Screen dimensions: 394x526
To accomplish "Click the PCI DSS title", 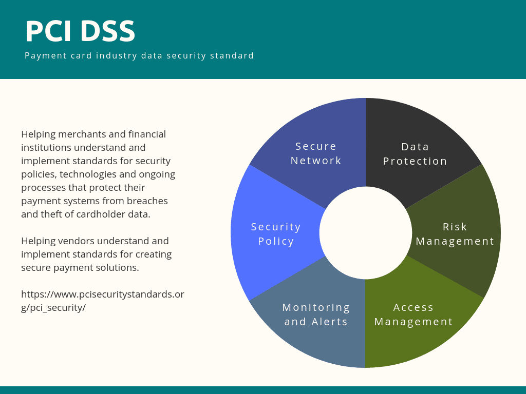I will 80,31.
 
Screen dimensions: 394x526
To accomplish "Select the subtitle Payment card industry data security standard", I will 139,55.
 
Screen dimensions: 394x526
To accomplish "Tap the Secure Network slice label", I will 316,153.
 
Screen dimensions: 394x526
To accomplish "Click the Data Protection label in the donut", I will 415,154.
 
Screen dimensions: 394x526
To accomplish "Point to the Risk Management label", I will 455,234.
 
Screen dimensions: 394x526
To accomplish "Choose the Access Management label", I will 414,314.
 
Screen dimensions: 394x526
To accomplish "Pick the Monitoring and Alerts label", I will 316,314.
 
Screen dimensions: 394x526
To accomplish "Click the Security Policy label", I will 276,234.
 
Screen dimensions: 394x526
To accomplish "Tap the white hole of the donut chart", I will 366,233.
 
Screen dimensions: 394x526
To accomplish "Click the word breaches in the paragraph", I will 149,201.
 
